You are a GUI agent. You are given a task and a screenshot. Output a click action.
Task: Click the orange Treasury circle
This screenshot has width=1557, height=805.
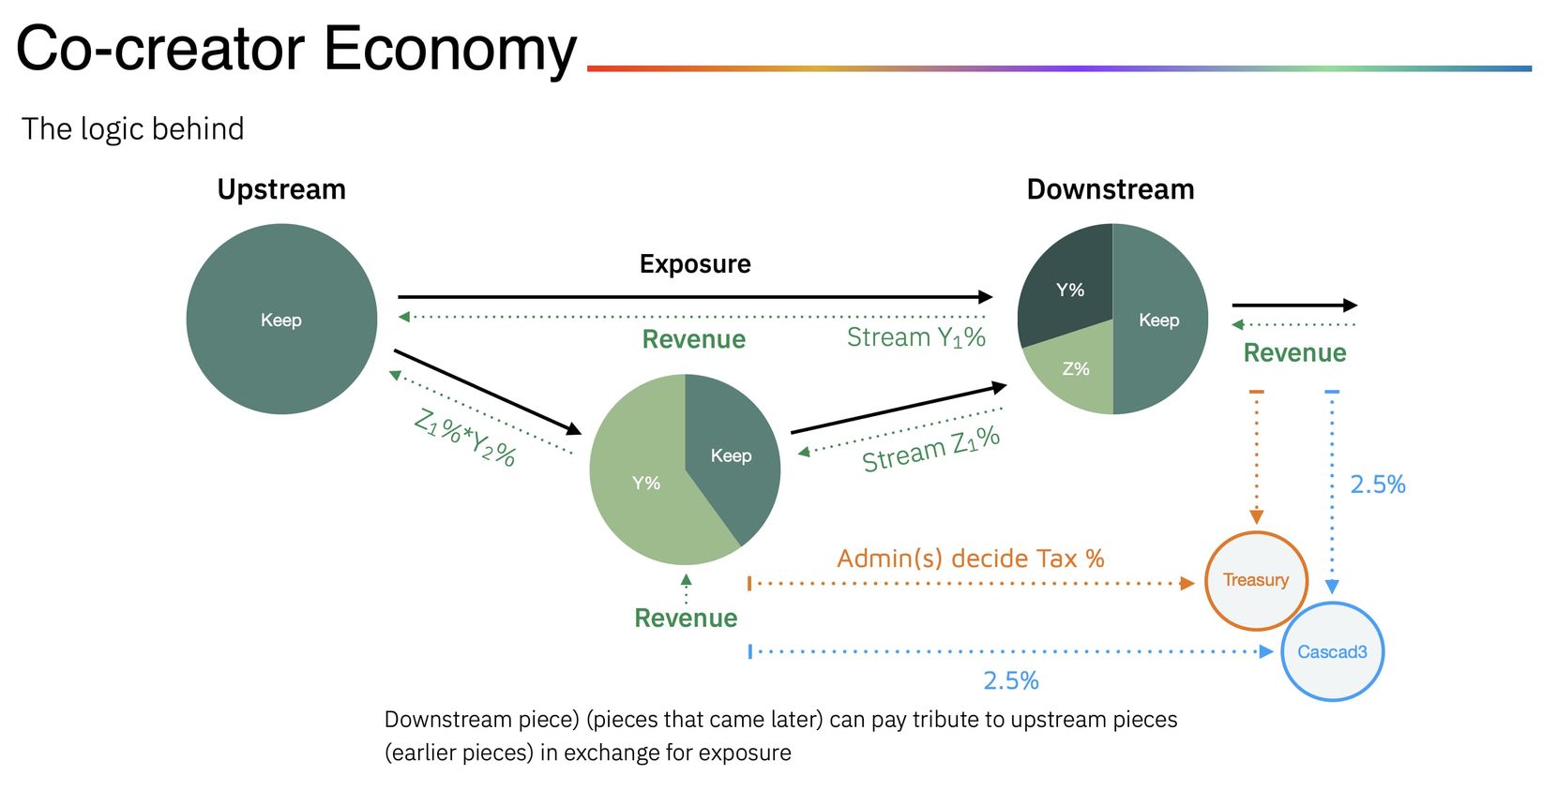(x=1255, y=580)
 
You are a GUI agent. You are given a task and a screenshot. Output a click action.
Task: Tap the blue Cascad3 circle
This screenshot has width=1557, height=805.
(x=1332, y=652)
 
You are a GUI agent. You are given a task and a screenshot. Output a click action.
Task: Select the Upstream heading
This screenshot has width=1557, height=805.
(x=281, y=189)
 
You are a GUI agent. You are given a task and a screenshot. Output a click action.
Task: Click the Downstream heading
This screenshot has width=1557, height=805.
(x=1111, y=189)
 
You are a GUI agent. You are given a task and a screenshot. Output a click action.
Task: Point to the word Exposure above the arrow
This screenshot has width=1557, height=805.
(x=695, y=264)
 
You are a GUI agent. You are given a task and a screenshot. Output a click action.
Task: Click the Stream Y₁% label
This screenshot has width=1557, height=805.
(x=916, y=337)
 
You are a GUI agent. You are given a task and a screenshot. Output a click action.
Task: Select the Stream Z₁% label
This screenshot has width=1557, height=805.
(x=930, y=449)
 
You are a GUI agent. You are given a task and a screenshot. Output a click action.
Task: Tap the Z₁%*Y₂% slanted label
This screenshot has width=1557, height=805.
(x=465, y=438)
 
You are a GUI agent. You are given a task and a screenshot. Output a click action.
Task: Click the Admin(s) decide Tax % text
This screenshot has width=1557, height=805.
(x=971, y=559)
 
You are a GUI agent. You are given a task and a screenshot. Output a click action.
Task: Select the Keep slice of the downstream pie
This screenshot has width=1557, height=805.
(x=1159, y=321)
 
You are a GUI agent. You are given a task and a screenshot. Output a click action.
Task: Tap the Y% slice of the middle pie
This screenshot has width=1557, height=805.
(x=645, y=484)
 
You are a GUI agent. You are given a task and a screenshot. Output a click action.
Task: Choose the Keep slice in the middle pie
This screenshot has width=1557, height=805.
(x=732, y=455)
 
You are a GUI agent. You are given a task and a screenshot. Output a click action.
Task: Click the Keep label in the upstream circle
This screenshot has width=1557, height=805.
(x=281, y=321)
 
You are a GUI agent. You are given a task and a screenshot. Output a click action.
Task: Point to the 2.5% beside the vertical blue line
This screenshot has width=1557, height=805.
(x=1378, y=484)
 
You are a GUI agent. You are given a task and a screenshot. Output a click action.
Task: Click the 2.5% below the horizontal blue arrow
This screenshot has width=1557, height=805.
(x=1011, y=680)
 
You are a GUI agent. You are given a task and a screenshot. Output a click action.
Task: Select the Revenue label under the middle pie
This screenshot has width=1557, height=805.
(x=686, y=619)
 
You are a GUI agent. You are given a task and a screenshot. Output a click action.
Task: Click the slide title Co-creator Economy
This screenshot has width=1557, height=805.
(x=295, y=49)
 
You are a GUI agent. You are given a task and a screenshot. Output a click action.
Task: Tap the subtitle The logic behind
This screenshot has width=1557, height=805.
(x=133, y=128)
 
